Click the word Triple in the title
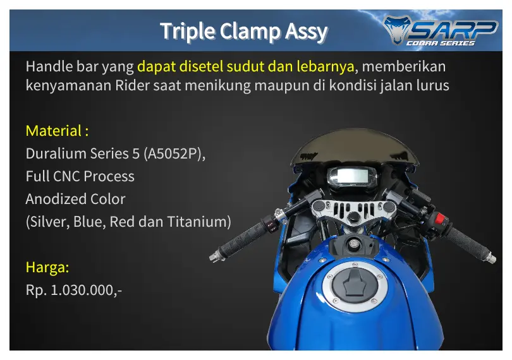coord(188,32)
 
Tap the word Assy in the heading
coord(306,32)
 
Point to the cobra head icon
coord(397,30)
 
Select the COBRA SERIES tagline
coord(440,44)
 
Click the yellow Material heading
coord(57,131)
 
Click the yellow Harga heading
coord(47,267)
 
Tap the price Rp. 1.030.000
coord(74,290)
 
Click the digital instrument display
coord(352,177)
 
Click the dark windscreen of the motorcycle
coord(354,146)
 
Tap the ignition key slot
coord(353,244)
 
